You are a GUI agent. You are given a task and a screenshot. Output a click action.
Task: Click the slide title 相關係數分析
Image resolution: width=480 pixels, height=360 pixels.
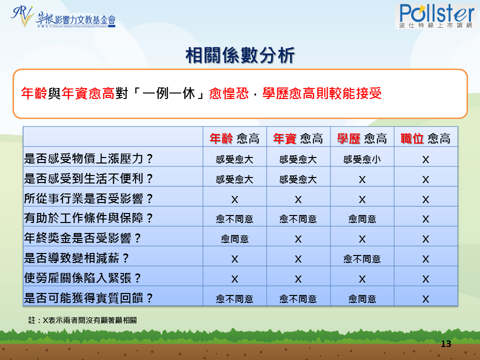pyautogui.click(x=240, y=55)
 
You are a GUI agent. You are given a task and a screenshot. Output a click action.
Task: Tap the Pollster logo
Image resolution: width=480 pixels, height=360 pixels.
pyautogui.click(x=436, y=16)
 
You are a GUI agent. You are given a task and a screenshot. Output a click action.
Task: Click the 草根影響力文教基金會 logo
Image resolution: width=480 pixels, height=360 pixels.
pyautogui.click(x=63, y=17)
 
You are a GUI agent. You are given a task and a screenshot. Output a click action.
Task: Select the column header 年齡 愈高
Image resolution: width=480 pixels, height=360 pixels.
pyautogui.click(x=234, y=138)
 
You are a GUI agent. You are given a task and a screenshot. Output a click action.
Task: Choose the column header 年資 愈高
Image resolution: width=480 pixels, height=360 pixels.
pyautogui.click(x=298, y=138)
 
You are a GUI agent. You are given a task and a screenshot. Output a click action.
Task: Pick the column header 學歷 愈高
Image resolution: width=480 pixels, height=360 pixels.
pyautogui.click(x=362, y=138)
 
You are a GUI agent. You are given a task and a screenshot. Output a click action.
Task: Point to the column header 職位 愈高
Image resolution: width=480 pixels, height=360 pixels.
pyautogui.click(x=425, y=138)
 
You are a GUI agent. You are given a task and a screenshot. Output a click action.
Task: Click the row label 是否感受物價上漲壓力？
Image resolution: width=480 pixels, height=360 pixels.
pyautogui.click(x=88, y=158)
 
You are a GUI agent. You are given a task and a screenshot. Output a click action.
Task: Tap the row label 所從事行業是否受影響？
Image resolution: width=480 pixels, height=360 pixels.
pyautogui.click(x=88, y=198)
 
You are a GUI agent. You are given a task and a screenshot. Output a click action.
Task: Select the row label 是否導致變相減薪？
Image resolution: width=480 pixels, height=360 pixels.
pyautogui.click(x=76, y=258)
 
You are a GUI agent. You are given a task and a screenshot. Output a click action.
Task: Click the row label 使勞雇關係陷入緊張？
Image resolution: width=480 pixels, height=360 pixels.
pyautogui.click(x=82, y=278)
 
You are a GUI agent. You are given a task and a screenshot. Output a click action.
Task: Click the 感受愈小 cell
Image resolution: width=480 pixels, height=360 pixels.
pyautogui.click(x=362, y=159)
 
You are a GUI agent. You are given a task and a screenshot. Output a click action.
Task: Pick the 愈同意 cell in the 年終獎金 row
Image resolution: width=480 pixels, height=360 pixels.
pyautogui.click(x=234, y=239)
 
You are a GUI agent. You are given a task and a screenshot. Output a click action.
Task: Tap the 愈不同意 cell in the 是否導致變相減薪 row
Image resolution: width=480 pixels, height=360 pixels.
pyautogui.click(x=362, y=259)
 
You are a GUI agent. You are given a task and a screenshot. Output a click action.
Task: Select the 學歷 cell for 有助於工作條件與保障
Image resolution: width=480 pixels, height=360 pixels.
pyautogui.click(x=362, y=219)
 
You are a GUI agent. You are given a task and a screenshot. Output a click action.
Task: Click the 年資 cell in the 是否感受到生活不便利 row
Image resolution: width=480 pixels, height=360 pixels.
pyautogui.click(x=298, y=179)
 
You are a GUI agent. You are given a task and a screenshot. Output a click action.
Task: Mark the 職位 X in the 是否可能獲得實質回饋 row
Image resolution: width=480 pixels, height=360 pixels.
pyautogui.click(x=425, y=299)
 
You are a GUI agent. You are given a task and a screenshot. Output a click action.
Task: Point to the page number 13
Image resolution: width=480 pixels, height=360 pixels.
pyautogui.click(x=446, y=344)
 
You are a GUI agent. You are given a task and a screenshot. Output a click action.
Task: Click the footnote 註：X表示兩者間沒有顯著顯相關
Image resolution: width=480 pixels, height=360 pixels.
pyautogui.click(x=82, y=320)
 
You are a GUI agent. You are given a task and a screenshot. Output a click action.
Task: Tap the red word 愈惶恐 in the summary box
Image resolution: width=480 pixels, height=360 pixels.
pyautogui.click(x=228, y=93)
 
